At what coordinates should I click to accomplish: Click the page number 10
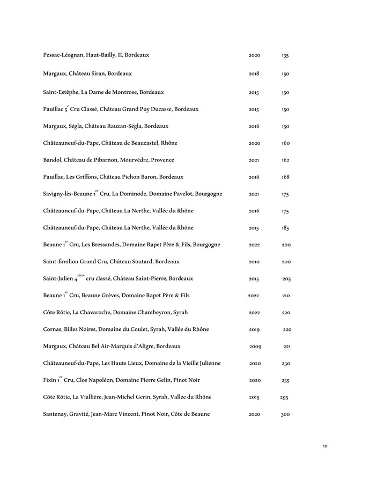[x=325, y=446]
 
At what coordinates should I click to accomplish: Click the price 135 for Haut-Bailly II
[x=285, y=56]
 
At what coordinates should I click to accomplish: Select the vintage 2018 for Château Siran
[x=254, y=73]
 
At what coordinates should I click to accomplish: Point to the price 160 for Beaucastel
[x=285, y=143]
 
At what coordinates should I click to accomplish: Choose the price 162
[x=285, y=160]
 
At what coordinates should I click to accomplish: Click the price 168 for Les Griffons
[x=285, y=177]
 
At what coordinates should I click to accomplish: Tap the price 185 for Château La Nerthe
[x=285, y=228]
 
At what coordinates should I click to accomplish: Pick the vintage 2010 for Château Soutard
[x=254, y=262]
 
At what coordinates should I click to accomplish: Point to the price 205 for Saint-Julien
[x=286, y=279]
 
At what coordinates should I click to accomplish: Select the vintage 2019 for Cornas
[x=255, y=329]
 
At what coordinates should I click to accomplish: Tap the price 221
[x=287, y=347]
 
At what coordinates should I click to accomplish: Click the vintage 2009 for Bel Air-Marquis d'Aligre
[x=255, y=347]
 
